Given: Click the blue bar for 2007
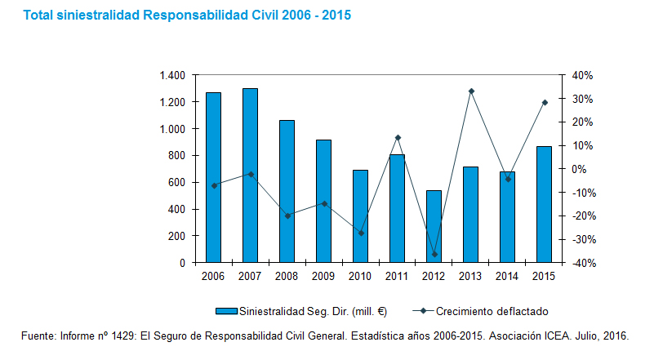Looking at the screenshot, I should (x=250, y=176).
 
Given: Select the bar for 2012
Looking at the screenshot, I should (x=434, y=227).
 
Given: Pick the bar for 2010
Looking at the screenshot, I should (x=360, y=216).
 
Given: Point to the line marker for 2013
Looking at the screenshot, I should (x=471, y=91).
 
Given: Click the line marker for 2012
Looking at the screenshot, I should (x=434, y=254).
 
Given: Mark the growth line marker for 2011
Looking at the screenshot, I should (x=398, y=137).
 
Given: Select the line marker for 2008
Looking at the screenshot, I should (x=287, y=216).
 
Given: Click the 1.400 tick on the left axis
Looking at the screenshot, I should (x=173, y=76).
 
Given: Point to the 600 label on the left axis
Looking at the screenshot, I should (x=177, y=183).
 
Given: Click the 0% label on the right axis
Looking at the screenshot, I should (x=579, y=169).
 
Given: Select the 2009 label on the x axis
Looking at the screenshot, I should (x=323, y=277).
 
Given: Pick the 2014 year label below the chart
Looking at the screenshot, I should (x=507, y=277).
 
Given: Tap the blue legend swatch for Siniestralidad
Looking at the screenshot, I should (x=225, y=311).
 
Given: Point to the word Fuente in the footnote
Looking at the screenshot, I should (x=38, y=336).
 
